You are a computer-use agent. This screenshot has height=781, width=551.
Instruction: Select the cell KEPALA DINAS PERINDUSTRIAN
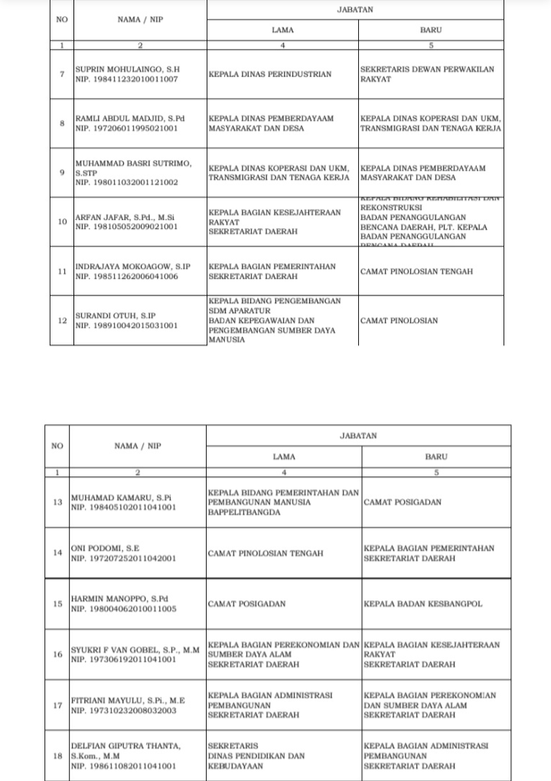point(269,74)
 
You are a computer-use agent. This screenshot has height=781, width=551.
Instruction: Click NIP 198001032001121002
point(126,182)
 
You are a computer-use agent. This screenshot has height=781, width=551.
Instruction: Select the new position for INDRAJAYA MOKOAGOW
point(416,271)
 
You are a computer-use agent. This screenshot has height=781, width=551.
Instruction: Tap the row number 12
point(62,320)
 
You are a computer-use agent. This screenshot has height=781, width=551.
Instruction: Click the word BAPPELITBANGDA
point(244,512)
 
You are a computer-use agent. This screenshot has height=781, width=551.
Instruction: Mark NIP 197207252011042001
point(125,558)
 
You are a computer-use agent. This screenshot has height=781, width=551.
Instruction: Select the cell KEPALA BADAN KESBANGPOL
point(422,603)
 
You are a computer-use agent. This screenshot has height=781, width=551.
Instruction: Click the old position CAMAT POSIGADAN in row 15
point(246,603)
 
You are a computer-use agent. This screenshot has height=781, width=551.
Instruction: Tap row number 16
point(57,654)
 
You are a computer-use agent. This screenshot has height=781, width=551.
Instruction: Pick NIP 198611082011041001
point(124,765)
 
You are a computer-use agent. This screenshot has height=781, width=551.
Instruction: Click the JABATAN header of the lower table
point(358,435)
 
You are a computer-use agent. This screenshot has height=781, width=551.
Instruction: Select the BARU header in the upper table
point(431,30)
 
